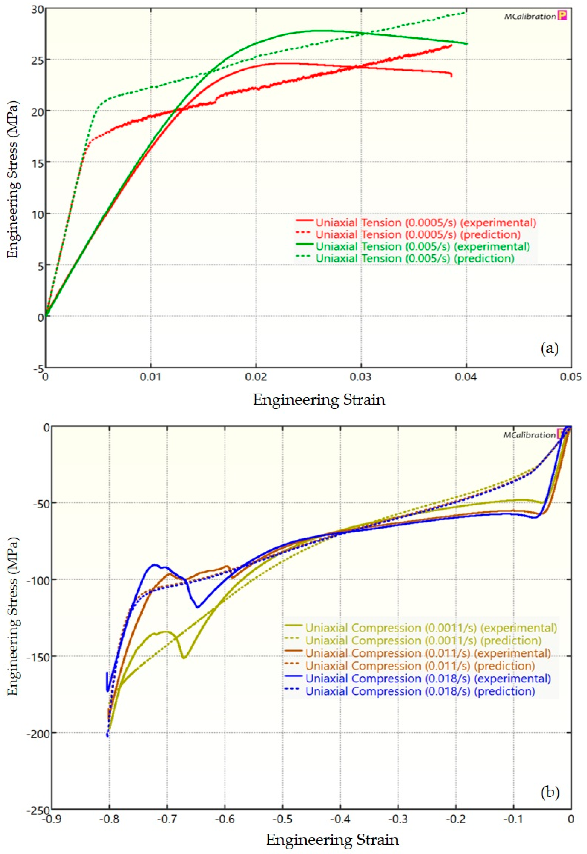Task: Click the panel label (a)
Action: [550, 348]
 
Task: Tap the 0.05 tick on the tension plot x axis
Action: [571, 377]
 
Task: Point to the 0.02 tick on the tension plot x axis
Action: [256, 377]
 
